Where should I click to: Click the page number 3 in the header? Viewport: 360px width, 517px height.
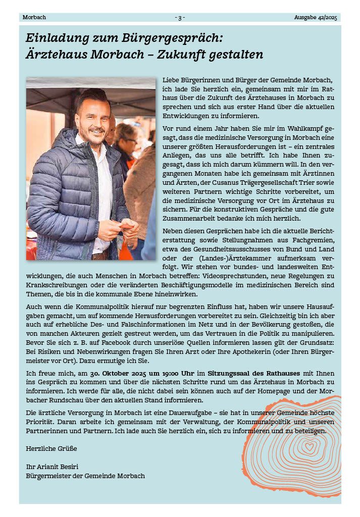tap(180, 17)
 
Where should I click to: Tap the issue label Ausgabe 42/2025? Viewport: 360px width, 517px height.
tap(316, 17)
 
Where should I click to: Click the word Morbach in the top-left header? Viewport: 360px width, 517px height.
tap(34, 17)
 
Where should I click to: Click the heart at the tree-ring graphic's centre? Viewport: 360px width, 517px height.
tap(309, 446)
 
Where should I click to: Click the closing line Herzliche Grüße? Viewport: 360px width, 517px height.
tap(52, 448)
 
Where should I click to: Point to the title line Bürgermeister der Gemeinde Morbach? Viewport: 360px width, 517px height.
tap(85, 476)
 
